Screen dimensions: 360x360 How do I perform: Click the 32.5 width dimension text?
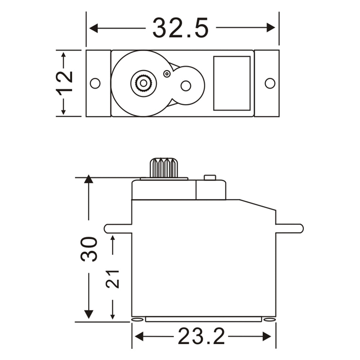click(x=180, y=28)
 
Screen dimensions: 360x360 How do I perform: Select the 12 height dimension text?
click(x=65, y=82)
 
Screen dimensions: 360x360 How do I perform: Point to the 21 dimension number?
click(x=113, y=278)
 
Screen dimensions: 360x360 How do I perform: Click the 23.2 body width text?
click(x=201, y=337)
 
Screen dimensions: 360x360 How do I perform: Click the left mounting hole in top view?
click(x=95, y=83)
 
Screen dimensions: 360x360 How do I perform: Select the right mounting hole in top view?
click(x=270, y=83)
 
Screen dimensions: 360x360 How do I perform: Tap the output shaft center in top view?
click(x=143, y=83)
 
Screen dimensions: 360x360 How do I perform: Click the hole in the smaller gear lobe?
click(x=186, y=86)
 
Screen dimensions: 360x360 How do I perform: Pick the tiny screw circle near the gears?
click(x=166, y=74)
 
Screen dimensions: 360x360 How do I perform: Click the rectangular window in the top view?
click(x=231, y=83)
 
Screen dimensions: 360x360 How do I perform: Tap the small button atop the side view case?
click(x=210, y=177)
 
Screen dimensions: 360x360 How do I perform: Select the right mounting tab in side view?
click(x=289, y=228)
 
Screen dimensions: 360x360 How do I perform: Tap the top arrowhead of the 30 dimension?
click(x=89, y=179)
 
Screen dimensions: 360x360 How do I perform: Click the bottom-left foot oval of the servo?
click(x=137, y=319)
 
